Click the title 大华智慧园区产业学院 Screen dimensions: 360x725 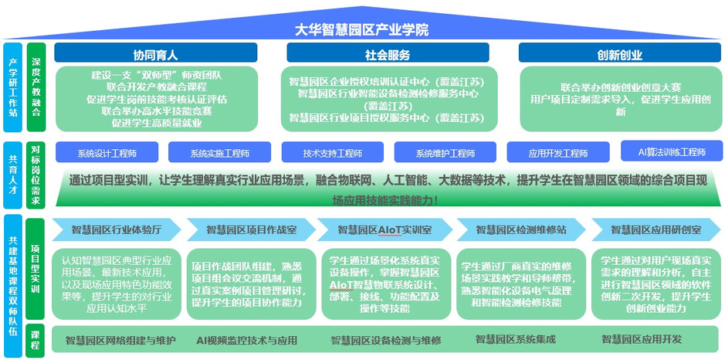pyautogui.click(x=362, y=29)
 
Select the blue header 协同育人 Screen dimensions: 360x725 pyautogui.click(x=154, y=55)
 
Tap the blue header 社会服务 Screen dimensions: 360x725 pyautogui.click(x=387, y=55)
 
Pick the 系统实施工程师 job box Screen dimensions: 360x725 pyautogui.click(x=219, y=153)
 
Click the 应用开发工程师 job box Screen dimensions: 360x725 pyautogui.click(x=557, y=153)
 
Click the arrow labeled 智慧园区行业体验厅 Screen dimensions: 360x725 pyautogui.click(x=116, y=229)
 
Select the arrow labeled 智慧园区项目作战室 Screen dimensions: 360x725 pyautogui.click(x=251, y=229)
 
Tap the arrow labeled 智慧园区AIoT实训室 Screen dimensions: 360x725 pyautogui.click(x=386, y=229)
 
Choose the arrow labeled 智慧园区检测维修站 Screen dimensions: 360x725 pyautogui.click(x=521, y=229)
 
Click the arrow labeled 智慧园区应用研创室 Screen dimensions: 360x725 pyautogui.click(x=656, y=229)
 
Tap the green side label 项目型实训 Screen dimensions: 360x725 pyautogui.click(x=36, y=270)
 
